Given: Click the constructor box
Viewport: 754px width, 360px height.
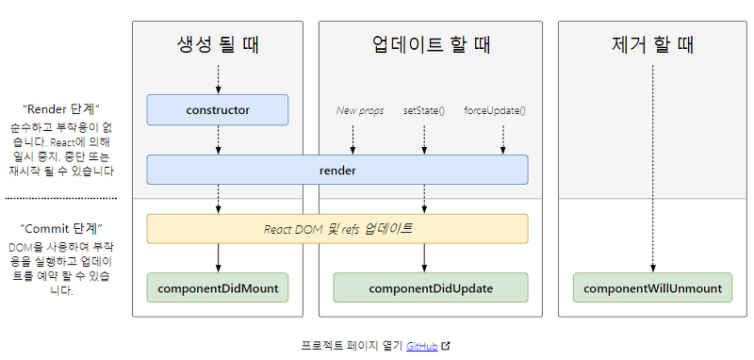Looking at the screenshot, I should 218,110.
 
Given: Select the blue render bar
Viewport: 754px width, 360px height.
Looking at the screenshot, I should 336,170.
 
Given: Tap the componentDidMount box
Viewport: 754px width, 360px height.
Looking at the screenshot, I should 218,288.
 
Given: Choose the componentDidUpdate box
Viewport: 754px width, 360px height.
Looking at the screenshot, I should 430,288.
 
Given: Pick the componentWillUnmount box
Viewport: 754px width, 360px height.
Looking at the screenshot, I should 652,288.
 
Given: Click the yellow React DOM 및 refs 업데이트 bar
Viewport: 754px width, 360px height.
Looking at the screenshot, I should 336,229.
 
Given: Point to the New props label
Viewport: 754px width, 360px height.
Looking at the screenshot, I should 360,110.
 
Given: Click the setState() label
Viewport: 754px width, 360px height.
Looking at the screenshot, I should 423,110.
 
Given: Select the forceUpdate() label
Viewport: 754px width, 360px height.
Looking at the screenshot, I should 495,110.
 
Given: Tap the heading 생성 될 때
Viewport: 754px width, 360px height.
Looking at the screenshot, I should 218,44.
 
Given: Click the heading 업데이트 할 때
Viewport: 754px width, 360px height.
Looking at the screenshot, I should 430,44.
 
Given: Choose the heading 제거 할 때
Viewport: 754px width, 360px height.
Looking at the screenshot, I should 652,44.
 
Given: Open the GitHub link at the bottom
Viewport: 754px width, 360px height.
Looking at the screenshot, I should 421,346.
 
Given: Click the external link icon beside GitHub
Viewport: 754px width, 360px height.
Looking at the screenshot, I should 446,346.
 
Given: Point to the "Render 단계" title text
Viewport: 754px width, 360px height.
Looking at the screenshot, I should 61,107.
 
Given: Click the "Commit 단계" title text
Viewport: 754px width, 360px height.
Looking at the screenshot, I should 61,229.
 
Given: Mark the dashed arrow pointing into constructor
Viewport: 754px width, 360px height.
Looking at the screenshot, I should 218,78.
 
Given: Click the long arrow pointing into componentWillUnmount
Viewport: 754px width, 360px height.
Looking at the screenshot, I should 652,170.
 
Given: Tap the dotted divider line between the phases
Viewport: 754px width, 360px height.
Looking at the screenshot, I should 61,198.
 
